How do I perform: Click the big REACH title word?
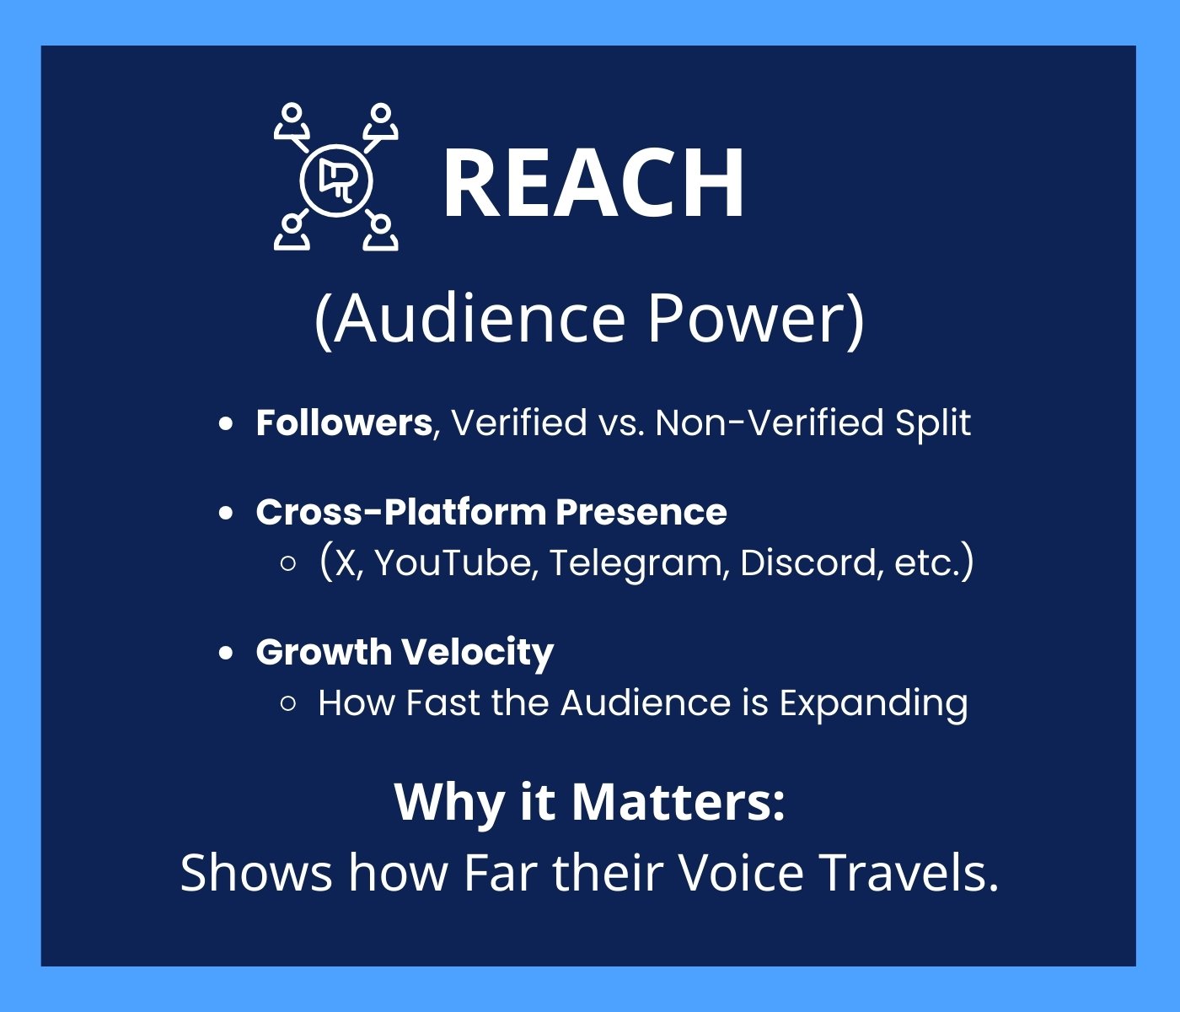[593, 182]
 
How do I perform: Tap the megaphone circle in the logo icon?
[336, 180]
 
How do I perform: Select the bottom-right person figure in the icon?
[381, 233]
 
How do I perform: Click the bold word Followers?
[344, 423]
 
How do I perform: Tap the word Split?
[933, 423]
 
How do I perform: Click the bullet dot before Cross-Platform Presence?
[226, 512]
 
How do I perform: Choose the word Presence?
[641, 511]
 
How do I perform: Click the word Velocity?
[478, 652]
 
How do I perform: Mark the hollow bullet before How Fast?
[289, 703]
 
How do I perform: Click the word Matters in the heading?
[678, 802]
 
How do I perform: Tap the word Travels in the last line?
[909, 872]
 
